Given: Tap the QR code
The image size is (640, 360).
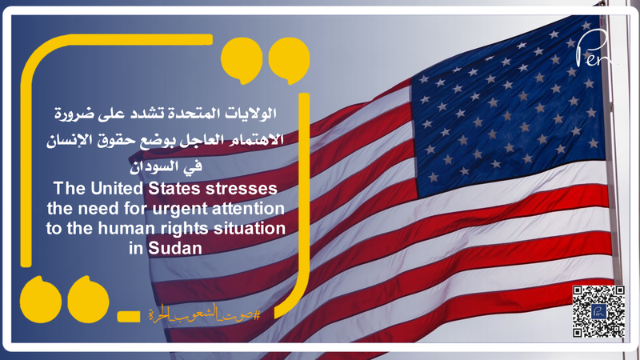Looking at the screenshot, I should [598, 311].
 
